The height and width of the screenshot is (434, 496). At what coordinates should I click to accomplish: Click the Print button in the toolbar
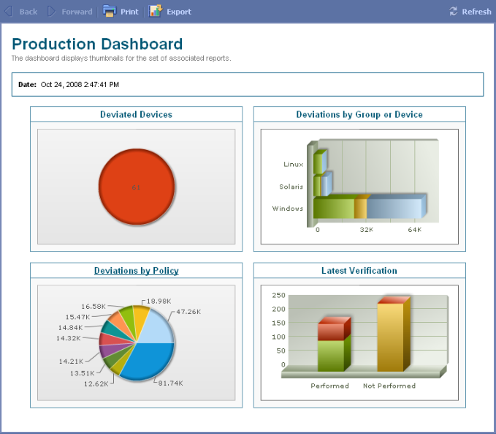[121, 12]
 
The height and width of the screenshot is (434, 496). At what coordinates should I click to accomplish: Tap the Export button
[170, 12]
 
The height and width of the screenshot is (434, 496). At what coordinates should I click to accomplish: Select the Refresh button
[470, 12]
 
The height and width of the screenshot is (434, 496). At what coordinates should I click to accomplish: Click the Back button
[21, 12]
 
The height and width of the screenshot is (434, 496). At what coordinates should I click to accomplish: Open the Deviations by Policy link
[137, 271]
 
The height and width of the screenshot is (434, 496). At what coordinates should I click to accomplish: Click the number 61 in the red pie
[136, 187]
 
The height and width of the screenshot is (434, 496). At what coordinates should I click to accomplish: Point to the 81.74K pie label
[170, 384]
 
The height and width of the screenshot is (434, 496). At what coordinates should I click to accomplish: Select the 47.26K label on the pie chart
[188, 312]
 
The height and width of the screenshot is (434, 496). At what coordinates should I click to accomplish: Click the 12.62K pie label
[96, 384]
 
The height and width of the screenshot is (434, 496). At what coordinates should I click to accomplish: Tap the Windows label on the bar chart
[288, 209]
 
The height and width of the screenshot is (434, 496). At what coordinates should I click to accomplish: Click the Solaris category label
[291, 187]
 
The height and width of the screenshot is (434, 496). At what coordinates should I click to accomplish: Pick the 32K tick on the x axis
[366, 230]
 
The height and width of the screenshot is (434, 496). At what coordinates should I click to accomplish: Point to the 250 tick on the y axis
[279, 295]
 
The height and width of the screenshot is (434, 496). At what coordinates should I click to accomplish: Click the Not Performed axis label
[389, 386]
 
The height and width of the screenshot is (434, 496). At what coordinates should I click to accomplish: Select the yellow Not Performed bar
[390, 337]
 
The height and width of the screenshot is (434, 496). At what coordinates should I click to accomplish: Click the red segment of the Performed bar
[331, 332]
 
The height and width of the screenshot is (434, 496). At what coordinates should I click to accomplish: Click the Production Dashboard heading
[97, 44]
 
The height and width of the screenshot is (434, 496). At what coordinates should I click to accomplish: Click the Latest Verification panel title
[359, 271]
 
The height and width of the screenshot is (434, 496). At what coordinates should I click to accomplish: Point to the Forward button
[70, 12]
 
